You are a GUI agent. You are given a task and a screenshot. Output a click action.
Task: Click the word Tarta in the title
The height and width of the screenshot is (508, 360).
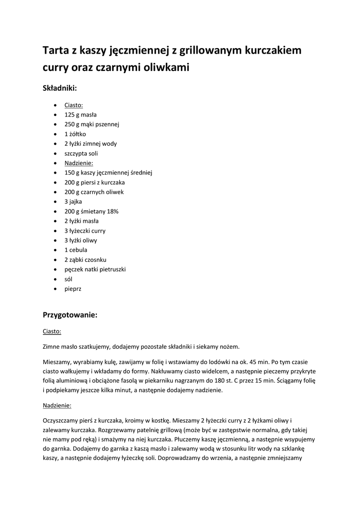(56, 51)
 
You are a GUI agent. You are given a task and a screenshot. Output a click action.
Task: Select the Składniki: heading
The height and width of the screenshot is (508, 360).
(60, 88)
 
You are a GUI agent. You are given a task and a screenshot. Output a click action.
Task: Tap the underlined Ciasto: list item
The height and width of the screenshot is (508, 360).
(73, 105)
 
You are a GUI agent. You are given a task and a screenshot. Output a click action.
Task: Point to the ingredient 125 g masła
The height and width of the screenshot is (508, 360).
(80, 115)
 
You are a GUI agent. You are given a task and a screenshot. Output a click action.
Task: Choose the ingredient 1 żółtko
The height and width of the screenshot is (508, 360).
(75, 134)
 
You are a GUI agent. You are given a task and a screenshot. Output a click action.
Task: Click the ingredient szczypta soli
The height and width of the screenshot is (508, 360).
(81, 153)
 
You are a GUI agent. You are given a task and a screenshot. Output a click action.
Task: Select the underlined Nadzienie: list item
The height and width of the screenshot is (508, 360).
(78, 163)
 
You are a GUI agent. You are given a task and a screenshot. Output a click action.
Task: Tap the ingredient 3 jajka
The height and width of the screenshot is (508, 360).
(73, 201)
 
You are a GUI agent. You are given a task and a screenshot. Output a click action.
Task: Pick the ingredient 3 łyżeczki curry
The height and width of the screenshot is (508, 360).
(85, 231)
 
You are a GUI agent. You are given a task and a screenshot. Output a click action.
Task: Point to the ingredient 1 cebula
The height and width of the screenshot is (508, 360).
(75, 250)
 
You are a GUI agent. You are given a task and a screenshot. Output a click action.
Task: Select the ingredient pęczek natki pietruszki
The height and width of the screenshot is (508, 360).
(95, 269)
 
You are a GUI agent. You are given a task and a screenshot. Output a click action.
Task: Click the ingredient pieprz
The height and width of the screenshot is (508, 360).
(72, 289)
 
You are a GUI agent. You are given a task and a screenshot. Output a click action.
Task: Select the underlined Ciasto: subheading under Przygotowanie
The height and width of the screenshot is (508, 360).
(52, 331)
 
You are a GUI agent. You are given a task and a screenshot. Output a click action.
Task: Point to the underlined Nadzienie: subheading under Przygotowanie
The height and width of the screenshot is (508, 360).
(57, 405)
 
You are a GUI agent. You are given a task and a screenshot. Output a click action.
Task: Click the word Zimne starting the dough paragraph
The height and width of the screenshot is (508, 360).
(53, 347)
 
